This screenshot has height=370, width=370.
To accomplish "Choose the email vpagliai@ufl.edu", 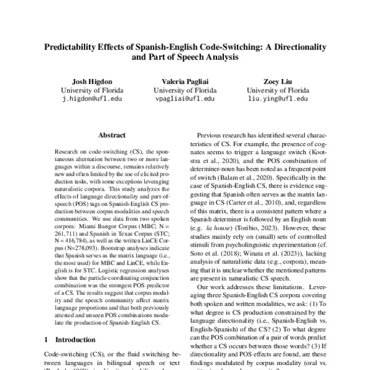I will pos(185,98).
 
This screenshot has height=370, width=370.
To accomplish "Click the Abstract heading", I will pos(112,135).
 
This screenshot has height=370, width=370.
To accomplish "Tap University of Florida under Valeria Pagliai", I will pos(185,89).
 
